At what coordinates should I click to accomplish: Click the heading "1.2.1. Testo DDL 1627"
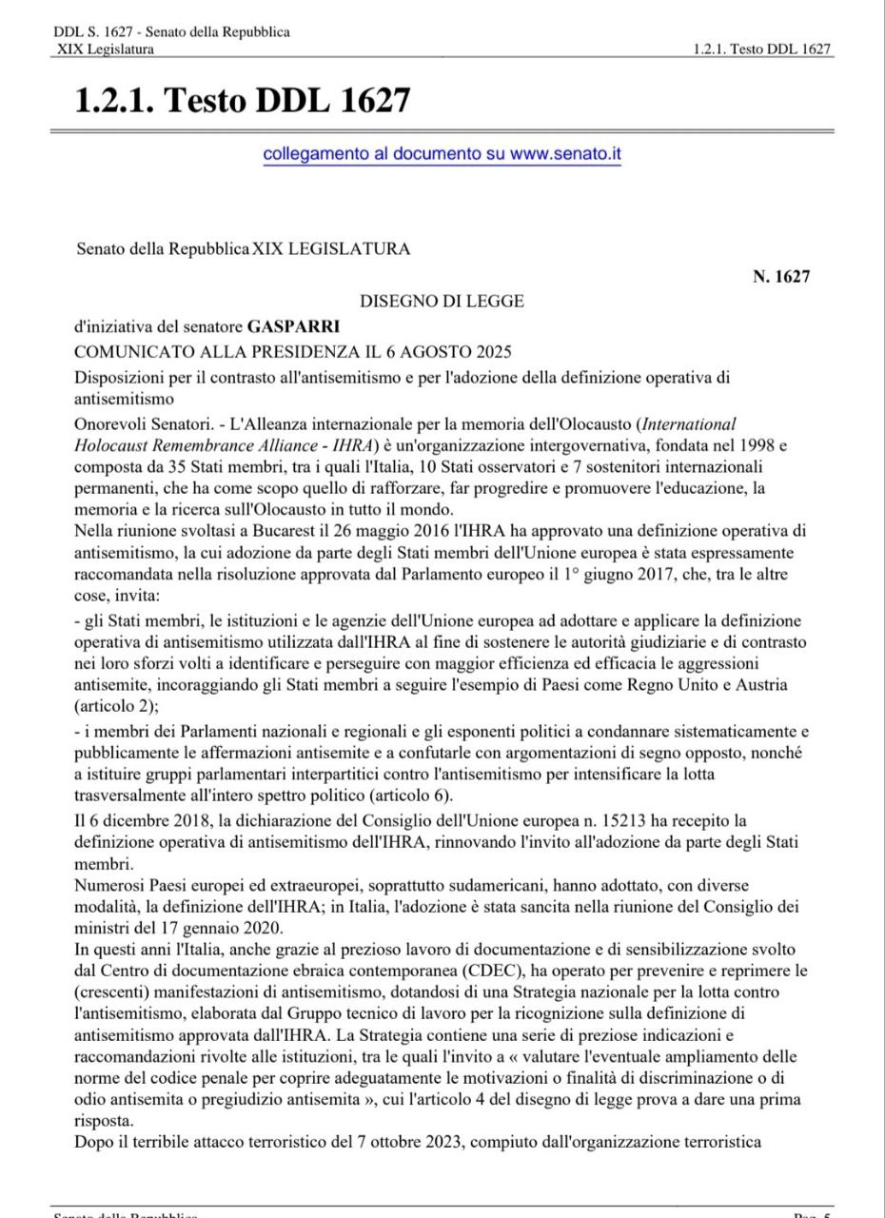coord(243,99)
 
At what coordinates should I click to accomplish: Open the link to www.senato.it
coord(442,153)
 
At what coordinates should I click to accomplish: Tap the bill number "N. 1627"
coord(781,277)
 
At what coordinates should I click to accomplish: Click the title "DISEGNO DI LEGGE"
coord(442,302)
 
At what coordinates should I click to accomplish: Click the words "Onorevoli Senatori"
coord(137,423)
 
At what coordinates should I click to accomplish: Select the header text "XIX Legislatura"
coord(105,49)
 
